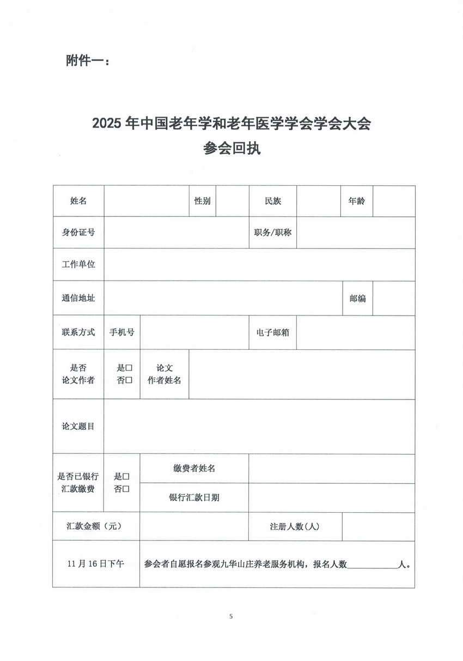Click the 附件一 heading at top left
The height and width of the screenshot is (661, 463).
click(87, 61)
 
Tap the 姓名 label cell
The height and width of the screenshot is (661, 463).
click(78, 201)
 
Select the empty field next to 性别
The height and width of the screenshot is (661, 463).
click(233, 201)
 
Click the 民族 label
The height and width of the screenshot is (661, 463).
click(273, 201)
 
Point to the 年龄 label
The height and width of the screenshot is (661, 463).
click(357, 201)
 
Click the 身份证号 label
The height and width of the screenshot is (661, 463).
click(78, 233)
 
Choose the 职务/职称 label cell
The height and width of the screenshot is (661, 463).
click(273, 233)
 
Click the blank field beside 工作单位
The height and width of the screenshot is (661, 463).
click(259, 265)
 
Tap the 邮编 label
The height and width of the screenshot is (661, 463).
click(357, 299)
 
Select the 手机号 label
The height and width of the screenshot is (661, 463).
click(122, 332)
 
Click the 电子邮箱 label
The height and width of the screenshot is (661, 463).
click(273, 332)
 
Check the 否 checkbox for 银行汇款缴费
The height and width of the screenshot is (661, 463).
click(126, 489)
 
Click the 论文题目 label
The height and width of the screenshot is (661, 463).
click(78, 426)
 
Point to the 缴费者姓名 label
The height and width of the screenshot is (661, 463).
click(194, 469)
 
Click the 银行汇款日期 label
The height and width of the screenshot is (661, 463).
click(194, 498)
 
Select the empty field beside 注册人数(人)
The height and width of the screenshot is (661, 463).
click(379, 526)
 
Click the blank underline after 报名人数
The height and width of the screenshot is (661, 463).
click(373, 565)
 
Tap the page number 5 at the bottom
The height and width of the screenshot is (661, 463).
click(231, 616)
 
